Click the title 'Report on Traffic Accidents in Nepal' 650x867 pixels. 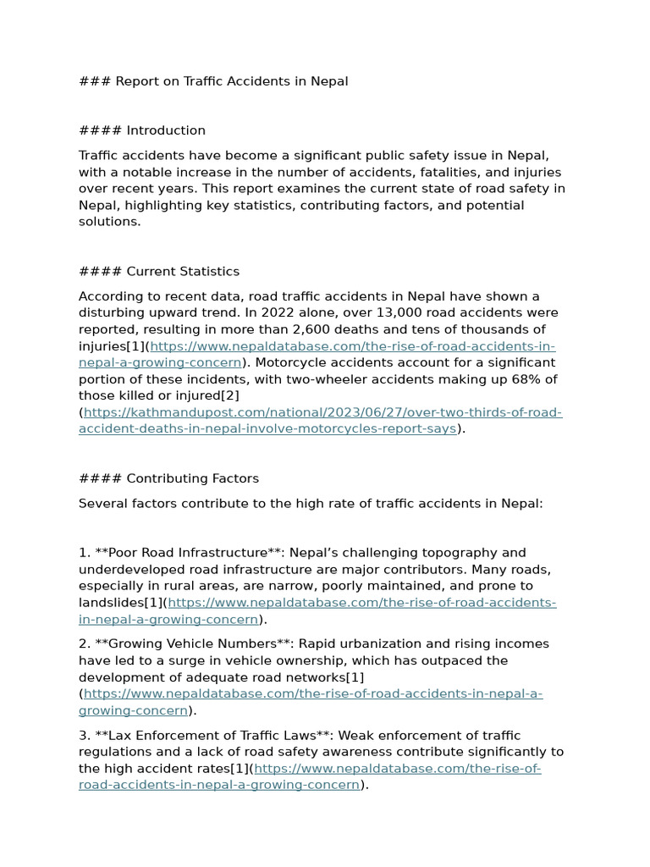pos(231,81)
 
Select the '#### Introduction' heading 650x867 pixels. pos(142,130)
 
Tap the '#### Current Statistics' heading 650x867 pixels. pos(159,271)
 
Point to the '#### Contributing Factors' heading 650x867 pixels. pos(168,478)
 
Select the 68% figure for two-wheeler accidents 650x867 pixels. pos(528,378)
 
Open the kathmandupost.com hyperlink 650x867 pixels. pos(322,412)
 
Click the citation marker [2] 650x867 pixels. pos(230,395)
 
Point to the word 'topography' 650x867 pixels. pos(456,553)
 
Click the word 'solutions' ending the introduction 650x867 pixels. pos(108,222)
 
